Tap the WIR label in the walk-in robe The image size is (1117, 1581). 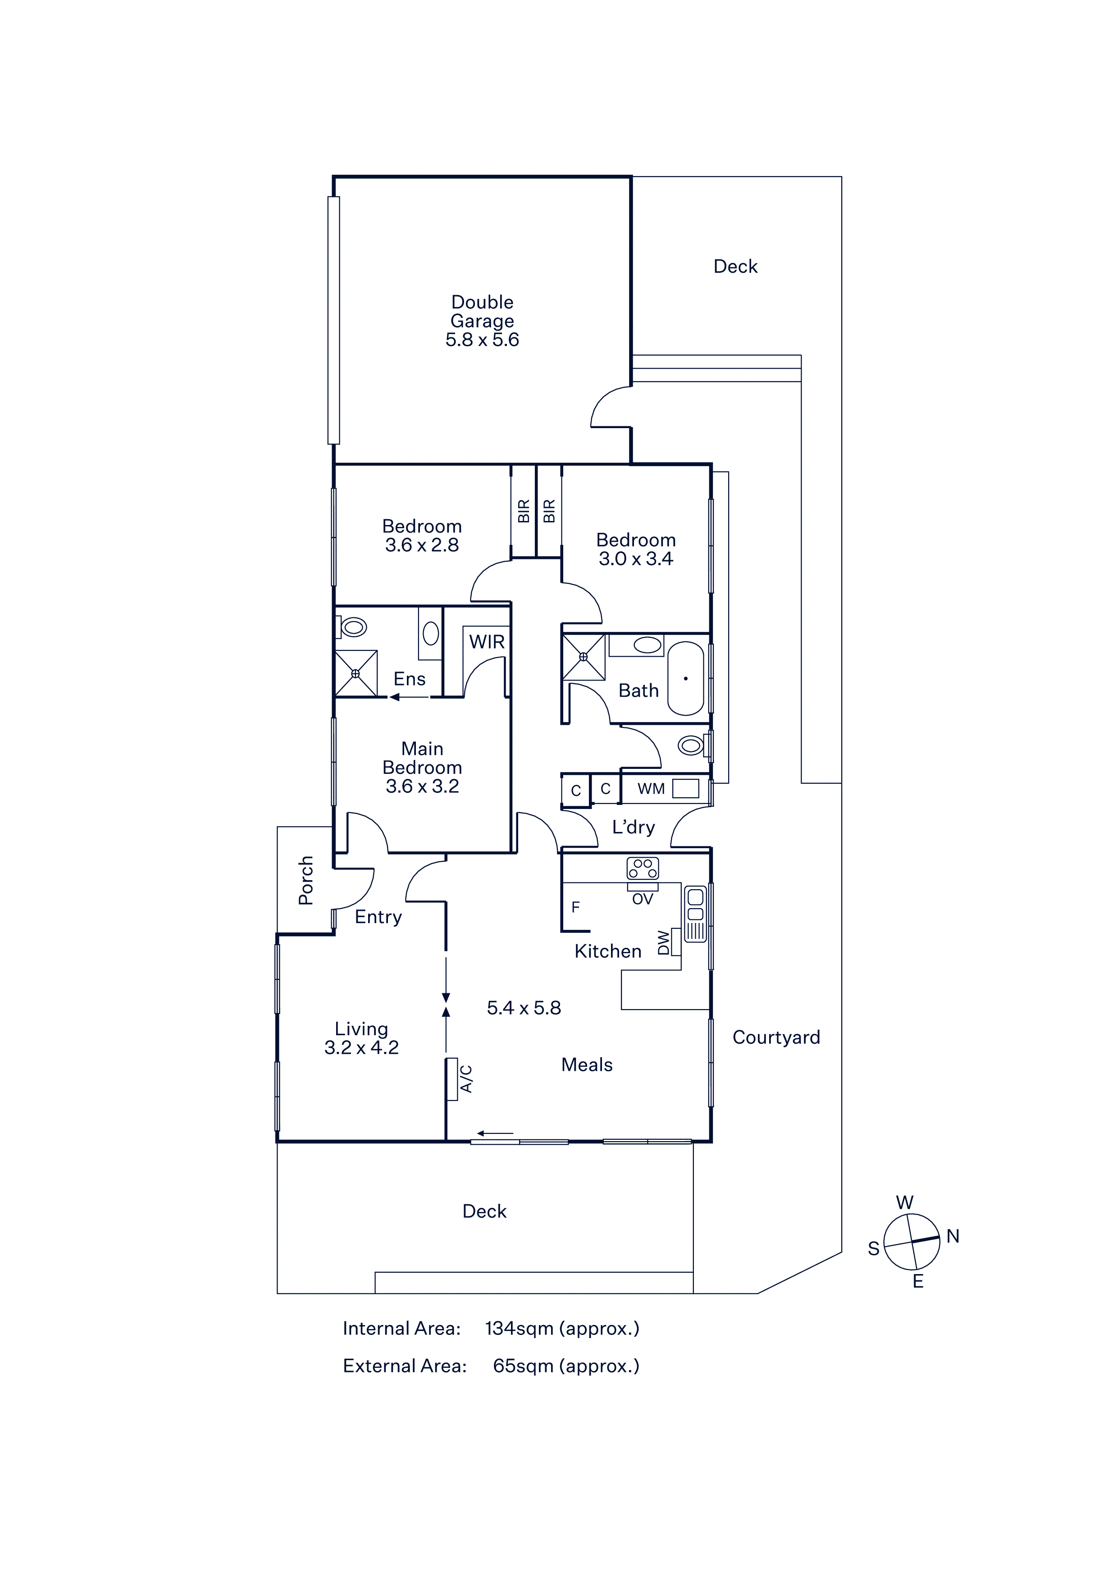[487, 642]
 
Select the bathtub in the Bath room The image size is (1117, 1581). [685, 678]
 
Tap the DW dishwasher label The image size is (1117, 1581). [663, 943]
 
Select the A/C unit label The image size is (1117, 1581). [466, 1078]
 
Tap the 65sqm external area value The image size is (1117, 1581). [523, 1366]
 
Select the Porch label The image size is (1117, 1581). [305, 880]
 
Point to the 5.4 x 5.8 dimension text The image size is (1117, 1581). [524, 1008]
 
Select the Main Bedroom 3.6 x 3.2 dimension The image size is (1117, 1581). [422, 786]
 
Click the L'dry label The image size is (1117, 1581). [633, 827]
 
